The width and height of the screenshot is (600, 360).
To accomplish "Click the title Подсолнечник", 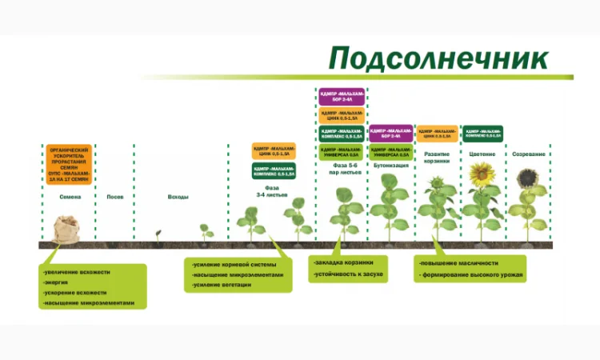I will click(x=439, y=58).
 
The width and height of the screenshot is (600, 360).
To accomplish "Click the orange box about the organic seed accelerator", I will click(x=69, y=164).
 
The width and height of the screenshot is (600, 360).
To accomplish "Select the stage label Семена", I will click(x=69, y=197).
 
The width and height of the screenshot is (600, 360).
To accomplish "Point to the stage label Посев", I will click(x=115, y=197).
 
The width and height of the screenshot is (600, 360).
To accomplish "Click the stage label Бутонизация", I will click(x=390, y=166).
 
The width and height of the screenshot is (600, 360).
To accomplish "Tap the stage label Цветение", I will click(x=482, y=154).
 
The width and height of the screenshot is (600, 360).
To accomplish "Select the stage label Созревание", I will click(x=528, y=154).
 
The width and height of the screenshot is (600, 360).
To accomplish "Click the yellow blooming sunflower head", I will click(x=481, y=174).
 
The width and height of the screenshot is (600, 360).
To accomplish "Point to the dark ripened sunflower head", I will click(x=529, y=176).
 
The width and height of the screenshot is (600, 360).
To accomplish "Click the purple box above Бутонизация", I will click(x=390, y=133).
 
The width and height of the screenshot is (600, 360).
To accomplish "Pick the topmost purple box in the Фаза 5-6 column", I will click(x=342, y=97).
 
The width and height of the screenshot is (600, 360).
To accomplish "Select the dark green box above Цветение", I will click(x=482, y=133).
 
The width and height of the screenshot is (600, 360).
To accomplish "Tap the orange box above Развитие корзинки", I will click(x=437, y=133).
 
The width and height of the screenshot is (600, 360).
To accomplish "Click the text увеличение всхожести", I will click(x=77, y=272).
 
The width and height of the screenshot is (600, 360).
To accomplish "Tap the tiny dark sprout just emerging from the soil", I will click(x=158, y=234).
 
